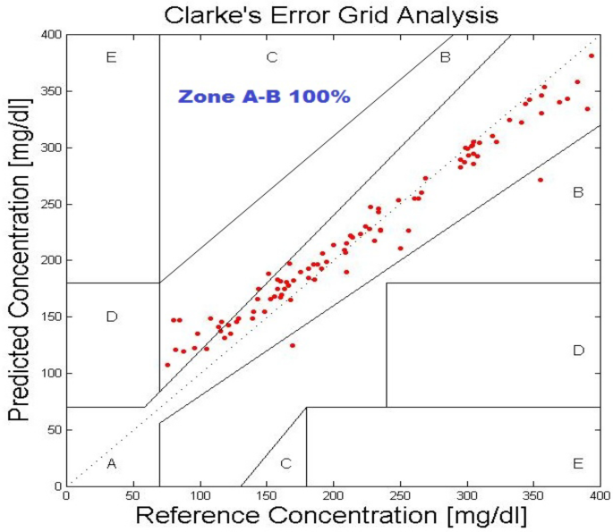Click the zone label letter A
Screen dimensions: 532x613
(111, 463)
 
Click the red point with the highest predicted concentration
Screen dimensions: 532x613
(592, 55)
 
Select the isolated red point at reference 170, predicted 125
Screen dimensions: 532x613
(292, 345)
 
